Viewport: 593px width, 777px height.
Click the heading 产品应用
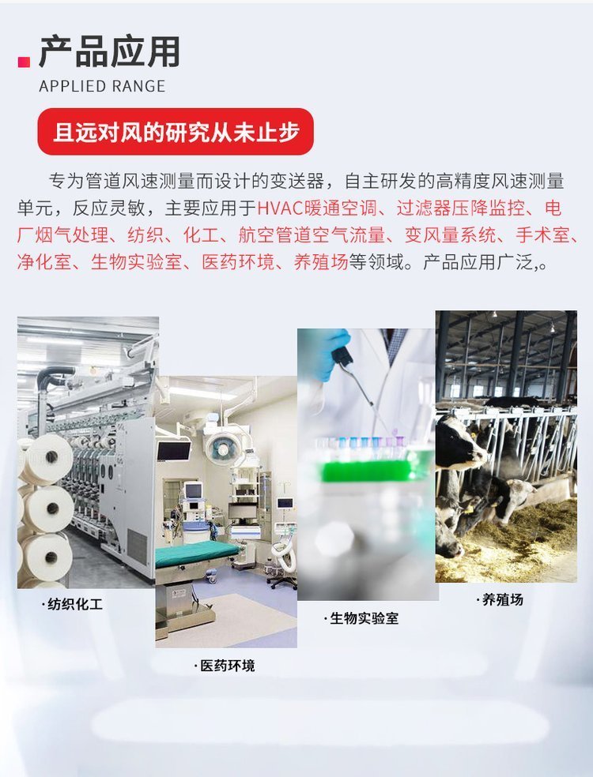[109, 51]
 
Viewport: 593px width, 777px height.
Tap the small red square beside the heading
[24, 62]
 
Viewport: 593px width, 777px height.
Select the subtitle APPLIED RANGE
[102, 86]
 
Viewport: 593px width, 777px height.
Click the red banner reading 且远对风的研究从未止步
[176, 132]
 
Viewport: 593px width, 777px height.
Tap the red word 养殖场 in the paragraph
[321, 261]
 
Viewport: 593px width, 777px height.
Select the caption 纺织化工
[73, 604]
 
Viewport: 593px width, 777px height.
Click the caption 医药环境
[225, 666]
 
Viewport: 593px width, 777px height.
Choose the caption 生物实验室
[362, 618]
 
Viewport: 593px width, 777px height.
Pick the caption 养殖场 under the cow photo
[500, 599]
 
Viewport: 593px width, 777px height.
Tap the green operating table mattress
[196, 553]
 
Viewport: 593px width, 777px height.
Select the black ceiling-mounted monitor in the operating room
[173, 450]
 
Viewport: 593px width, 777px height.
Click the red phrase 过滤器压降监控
[460, 208]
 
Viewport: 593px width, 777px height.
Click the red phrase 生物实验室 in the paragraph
[136, 261]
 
